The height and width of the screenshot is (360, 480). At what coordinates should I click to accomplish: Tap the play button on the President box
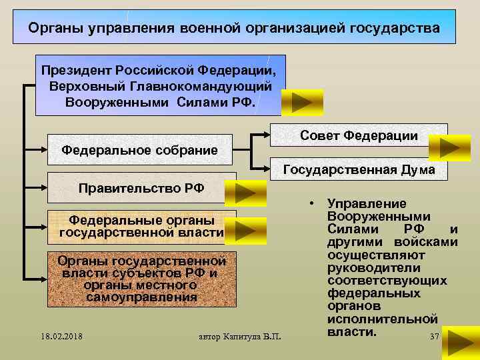[302, 103]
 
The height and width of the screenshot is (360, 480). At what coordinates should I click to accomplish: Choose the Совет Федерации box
[359, 135]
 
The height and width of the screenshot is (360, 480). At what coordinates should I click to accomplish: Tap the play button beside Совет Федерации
[449, 148]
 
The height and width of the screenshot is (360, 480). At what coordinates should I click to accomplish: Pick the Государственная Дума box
[359, 170]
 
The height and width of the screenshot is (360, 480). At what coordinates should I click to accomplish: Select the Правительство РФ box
[141, 188]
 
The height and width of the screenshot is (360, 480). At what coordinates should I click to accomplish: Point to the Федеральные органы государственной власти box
[141, 226]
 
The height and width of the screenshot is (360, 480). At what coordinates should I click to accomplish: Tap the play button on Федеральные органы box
[246, 230]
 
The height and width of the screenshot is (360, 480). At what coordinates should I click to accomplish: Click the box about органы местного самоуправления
[141, 279]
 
